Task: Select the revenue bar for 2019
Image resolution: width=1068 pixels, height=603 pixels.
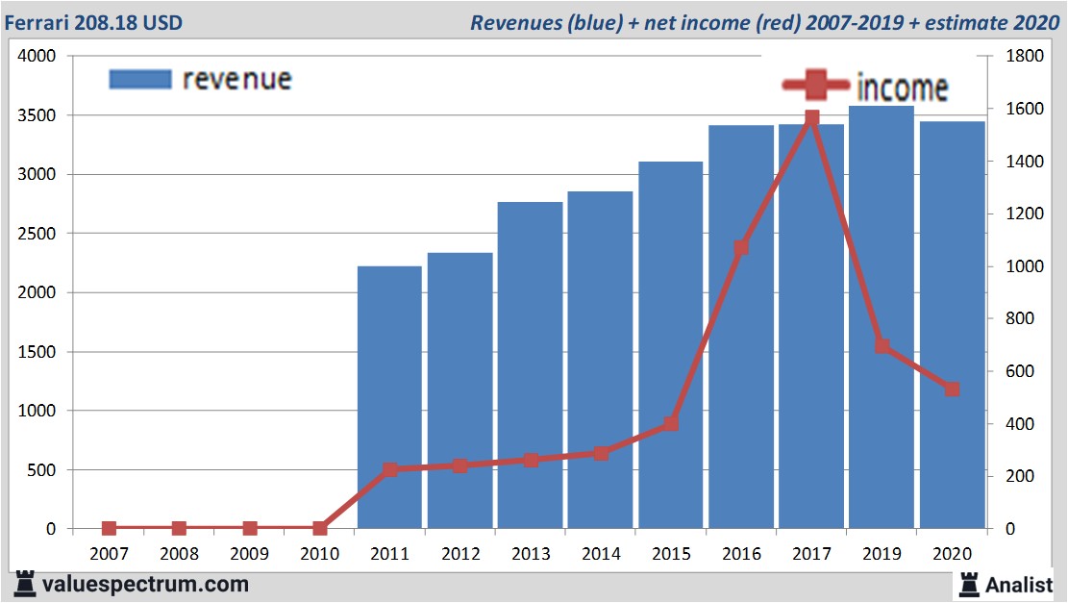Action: point(882,317)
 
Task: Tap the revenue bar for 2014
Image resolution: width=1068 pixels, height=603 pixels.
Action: point(600,361)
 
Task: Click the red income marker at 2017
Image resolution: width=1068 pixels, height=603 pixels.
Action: point(811,118)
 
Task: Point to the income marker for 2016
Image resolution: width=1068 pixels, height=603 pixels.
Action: point(741,248)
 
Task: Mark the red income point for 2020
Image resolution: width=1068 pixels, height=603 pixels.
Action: point(952,389)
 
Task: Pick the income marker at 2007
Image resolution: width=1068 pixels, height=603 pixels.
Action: point(109,528)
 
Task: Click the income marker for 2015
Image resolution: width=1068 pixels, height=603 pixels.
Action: point(671,424)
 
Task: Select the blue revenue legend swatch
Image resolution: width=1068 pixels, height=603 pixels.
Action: point(140,79)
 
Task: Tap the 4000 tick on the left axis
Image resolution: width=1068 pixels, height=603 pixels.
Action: point(38,57)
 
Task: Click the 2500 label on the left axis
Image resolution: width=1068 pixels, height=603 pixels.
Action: point(38,234)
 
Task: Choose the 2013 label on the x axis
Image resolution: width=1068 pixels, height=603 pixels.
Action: point(530,554)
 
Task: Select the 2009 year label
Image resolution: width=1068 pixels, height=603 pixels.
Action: point(249,554)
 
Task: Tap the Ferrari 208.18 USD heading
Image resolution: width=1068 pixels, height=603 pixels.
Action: point(93,22)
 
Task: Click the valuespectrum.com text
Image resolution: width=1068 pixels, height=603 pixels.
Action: point(144,584)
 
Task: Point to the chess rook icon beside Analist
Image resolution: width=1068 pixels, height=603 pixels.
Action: point(969,583)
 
